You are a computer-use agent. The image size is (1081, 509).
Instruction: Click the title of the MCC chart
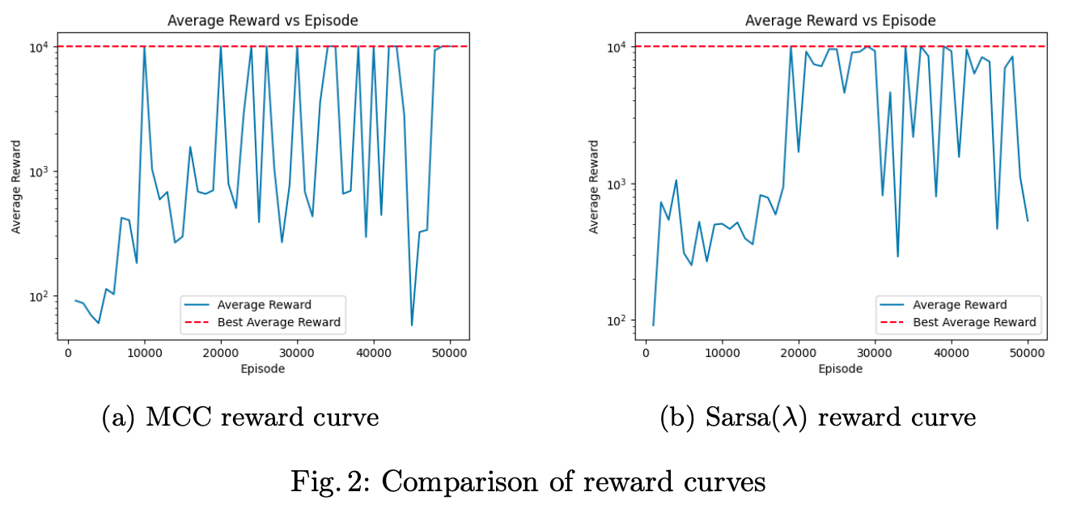pos(262,20)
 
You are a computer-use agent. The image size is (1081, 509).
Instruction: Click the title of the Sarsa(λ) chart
pos(840,20)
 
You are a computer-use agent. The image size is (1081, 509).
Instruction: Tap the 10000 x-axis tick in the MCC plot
pos(144,354)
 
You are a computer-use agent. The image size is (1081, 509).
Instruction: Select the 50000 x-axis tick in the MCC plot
pos(451,354)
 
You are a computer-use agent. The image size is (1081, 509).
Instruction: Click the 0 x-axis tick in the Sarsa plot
pos(646,354)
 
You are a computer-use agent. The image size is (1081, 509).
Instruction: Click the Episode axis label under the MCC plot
pos(262,369)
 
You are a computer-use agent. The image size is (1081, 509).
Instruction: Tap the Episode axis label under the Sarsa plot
pos(840,369)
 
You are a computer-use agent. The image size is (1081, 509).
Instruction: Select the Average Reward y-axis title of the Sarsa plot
pos(595,187)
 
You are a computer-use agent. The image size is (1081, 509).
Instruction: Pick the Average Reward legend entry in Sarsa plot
pos(960,305)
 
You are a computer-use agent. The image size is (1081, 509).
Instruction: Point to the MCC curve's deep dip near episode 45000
pos(412,324)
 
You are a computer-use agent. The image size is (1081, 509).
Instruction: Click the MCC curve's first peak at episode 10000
pos(144,48)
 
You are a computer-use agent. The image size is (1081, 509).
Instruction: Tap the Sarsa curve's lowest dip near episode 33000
pos(897,256)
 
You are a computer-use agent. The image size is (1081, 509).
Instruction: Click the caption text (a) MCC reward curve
pos(240,418)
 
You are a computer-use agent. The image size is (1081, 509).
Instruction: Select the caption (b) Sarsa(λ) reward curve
pos(818,418)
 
